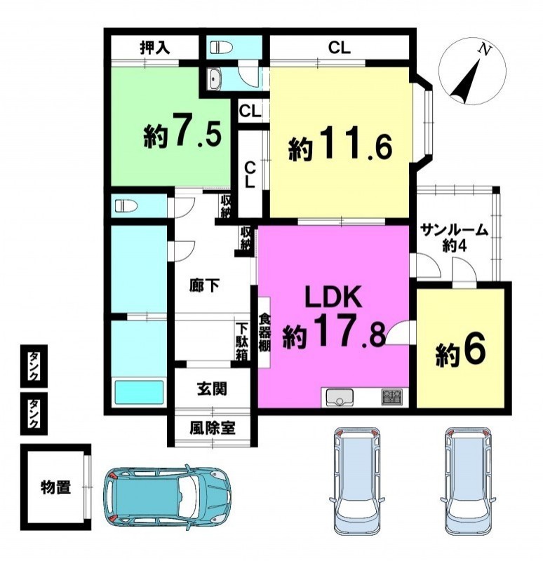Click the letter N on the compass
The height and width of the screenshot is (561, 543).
(x=485, y=50)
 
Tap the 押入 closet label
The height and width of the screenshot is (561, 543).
(x=154, y=48)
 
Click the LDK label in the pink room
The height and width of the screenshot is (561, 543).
(x=333, y=297)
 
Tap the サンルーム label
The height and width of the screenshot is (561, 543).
(x=454, y=230)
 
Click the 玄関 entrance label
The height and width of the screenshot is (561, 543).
(x=213, y=389)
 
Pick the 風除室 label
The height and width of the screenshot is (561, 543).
(x=213, y=428)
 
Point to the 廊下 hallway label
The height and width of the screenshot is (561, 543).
(x=204, y=285)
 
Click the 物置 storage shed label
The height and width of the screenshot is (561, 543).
(x=55, y=487)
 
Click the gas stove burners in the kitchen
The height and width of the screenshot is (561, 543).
(x=391, y=397)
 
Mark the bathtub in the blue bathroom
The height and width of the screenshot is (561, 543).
(x=139, y=392)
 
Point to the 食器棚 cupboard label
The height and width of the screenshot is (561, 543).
(x=264, y=332)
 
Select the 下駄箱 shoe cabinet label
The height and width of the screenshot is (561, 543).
(x=242, y=342)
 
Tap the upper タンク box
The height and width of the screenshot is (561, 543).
(x=34, y=365)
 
